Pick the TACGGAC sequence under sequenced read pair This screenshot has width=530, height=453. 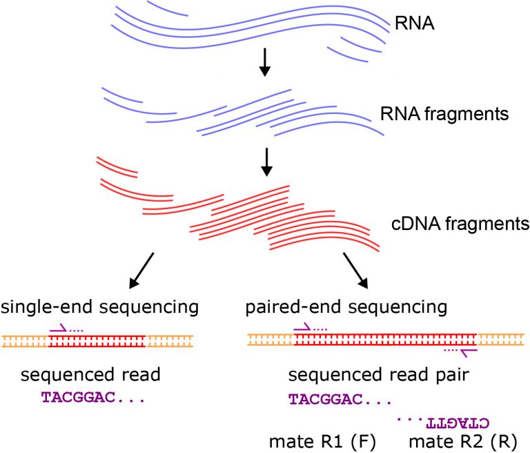(339, 399)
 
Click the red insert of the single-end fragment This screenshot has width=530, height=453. (97, 340)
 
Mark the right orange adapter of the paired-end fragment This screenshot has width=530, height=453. (502, 340)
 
